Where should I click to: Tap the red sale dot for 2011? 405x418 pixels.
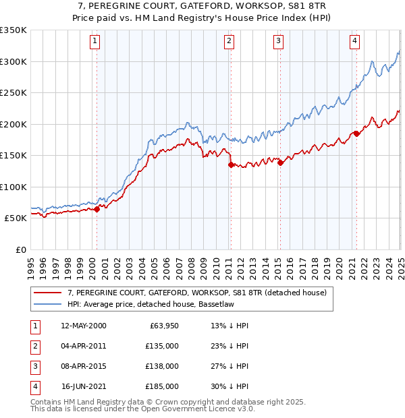[230, 165]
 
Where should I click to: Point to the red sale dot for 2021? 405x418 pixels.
[356, 133]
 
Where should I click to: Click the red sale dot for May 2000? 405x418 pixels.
[97, 209]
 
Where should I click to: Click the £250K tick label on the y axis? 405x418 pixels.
[13, 93]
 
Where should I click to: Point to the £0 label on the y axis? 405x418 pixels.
[20, 249]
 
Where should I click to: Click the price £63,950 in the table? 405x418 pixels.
[163, 326]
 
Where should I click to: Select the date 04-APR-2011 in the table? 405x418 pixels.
[83, 346]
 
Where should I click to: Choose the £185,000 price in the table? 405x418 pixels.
[162, 386]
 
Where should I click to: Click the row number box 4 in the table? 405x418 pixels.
[34, 386]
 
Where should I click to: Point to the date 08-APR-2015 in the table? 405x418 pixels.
[83, 366]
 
